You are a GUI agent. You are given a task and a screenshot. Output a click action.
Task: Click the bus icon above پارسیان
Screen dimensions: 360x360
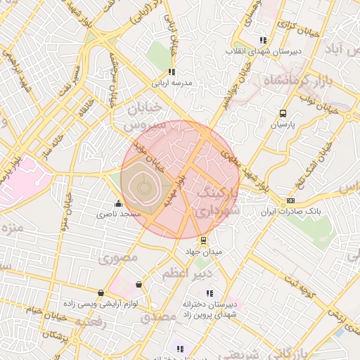tap(283, 113)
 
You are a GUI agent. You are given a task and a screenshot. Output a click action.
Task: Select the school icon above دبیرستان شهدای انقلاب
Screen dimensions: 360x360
tap(263, 40)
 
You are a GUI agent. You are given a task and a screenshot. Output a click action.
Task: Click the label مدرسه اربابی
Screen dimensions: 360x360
tap(176, 83)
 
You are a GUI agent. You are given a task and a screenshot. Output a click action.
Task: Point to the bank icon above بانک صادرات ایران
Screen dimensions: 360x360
tap(290, 200)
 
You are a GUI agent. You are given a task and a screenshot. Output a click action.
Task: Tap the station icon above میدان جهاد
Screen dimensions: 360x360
tap(204, 240)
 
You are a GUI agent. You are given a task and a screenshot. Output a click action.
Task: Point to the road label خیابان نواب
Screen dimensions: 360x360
tap(310, 98)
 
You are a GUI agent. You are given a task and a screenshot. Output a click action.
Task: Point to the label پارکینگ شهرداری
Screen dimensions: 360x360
tap(217, 201)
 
